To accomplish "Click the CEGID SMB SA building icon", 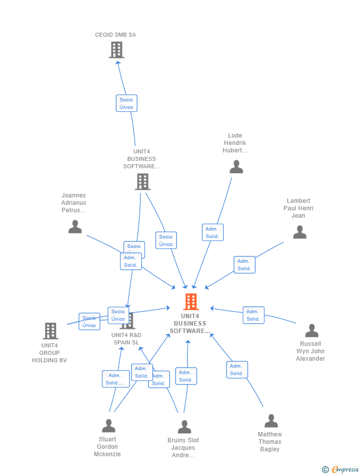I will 116,50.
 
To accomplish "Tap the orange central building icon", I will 191,302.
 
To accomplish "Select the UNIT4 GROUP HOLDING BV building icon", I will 50,331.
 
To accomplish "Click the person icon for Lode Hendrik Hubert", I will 236,167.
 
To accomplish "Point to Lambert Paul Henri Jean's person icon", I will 300,232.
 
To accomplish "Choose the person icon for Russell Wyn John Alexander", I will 312,331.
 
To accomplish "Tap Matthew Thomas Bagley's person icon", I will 271,421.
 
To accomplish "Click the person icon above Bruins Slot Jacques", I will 184,427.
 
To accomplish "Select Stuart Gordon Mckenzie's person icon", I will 108,426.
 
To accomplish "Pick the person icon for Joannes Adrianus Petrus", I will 75,227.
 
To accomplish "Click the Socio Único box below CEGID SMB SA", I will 126,103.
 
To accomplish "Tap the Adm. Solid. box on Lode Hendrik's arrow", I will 213,233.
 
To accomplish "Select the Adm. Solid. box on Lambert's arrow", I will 244,265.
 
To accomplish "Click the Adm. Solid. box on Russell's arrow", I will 253,315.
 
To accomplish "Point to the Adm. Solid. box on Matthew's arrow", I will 237,370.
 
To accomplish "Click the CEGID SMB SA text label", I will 115,35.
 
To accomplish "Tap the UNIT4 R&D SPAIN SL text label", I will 126,339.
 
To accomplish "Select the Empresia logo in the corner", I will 341,469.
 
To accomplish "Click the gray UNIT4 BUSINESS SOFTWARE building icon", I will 142,182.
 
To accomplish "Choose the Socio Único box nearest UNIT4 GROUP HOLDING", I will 90,322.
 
